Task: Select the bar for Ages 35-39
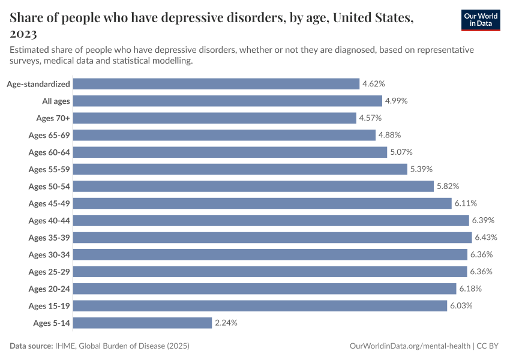click(x=273, y=238)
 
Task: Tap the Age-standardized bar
click(x=217, y=84)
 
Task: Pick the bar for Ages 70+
click(x=215, y=118)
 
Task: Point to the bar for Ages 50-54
click(x=254, y=187)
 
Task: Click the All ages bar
click(x=228, y=101)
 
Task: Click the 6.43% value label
click(x=485, y=238)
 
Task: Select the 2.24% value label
click(x=226, y=323)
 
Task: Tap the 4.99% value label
click(x=396, y=101)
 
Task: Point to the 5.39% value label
click(x=421, y=169)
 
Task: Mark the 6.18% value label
click(x=470, y=289)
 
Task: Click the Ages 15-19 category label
click(x=49, y=306)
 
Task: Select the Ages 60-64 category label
click(x=49, y=152)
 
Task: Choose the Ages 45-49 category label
click(x=49, y=203)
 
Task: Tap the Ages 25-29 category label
click(x=49, y=272)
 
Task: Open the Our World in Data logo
click(x=481, y=20)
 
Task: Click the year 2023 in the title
click(x=23, y=33)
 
